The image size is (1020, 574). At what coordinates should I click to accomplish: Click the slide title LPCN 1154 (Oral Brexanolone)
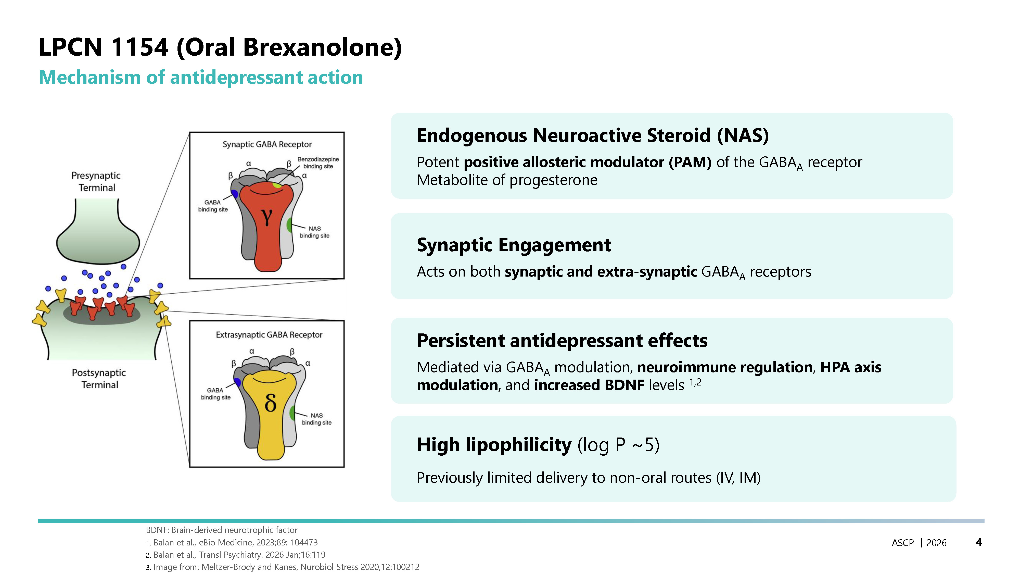[220, 47]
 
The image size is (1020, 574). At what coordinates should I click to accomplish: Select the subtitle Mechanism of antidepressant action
[201, 77]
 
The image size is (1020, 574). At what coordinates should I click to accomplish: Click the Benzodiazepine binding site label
[318, 163]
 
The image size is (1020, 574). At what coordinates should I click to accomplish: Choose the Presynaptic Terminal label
[96, 181]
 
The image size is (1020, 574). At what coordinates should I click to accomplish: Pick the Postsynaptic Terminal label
[99, 379]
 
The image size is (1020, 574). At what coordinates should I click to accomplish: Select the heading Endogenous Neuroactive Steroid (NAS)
[593, 135]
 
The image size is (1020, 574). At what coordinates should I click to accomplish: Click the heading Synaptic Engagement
[514, 245]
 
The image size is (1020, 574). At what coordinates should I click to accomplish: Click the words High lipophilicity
[494, 445]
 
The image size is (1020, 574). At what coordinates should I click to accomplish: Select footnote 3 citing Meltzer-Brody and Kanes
[283, 567]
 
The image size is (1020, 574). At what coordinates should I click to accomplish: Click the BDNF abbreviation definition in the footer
[222, 530]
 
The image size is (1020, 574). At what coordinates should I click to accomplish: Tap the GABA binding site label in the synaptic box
[213, 206]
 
